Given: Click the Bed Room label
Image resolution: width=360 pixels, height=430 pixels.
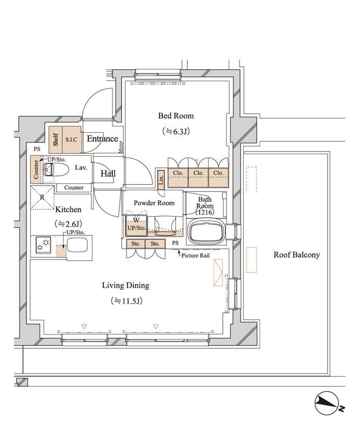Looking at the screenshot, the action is [176, 116].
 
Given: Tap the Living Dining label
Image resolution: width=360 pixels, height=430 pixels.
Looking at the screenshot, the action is [126, 285].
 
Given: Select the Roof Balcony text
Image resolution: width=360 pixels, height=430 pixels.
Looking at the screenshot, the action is [297, 255].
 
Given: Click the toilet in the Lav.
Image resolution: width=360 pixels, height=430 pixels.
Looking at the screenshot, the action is [56, 170].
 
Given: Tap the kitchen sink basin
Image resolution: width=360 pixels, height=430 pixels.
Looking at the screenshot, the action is [77, 245].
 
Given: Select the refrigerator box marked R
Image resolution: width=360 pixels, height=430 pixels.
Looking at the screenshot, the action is [43, 198].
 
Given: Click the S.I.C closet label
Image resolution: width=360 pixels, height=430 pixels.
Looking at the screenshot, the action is [72, 140].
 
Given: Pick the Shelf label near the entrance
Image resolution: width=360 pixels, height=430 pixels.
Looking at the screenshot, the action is [56, 140].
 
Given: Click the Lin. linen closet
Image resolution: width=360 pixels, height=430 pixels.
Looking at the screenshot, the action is [161, 180].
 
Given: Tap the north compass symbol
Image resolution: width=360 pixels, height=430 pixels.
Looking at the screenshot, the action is [328, 403].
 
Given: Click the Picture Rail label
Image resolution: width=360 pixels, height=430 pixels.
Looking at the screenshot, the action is [195, 256].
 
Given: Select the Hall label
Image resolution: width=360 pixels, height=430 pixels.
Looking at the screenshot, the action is [108, 173].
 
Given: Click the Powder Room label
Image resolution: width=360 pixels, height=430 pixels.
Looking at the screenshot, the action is [154, 203].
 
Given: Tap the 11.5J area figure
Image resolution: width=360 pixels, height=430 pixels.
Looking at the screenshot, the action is [126, 301].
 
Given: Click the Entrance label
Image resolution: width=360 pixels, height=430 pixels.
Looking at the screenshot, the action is [102, 139].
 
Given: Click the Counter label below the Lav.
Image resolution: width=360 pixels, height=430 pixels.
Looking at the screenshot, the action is [74, 188].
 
